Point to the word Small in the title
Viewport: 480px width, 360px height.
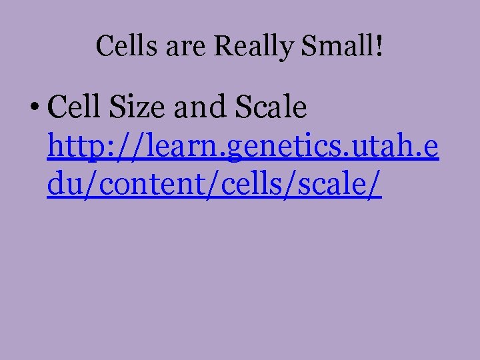(x=335, y=46)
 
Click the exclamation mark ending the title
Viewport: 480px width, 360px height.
(x=379, y=46)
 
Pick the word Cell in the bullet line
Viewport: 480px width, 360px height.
(x=74, y=107)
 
